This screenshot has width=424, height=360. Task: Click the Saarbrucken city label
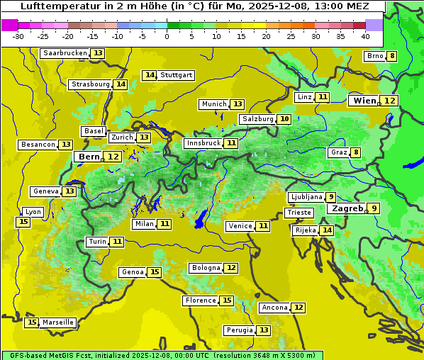(x=65, y=53)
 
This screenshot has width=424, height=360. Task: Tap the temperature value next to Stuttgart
(x=149, y=75)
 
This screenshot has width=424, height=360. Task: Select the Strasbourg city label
(x=90, y=84)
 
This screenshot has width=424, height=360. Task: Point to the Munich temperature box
(x=238, y=104)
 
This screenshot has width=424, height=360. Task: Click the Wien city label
(x=364, y=101)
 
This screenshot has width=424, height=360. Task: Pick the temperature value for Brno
(x=391, y=56)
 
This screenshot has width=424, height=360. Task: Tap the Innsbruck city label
(x=203, y=143)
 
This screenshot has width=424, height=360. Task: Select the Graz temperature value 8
(x=355, y=152)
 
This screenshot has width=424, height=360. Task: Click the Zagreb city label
(x=347, y=208)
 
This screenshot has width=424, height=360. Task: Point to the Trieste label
(x=299, y=213)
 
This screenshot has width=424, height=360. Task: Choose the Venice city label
(x=240, y=226)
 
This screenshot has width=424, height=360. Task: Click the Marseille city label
(x=57, y=322)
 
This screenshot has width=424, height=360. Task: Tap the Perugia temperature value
(x=264, y=330)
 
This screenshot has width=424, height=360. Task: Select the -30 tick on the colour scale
(x=18, y=35)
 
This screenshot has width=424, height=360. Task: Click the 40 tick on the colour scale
(x=365, y=35)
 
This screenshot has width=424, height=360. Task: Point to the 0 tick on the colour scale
(x=167, y=35)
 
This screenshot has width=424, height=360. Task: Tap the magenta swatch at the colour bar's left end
(x=9, y=24)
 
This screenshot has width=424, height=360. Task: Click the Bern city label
(x=89, y=157)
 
